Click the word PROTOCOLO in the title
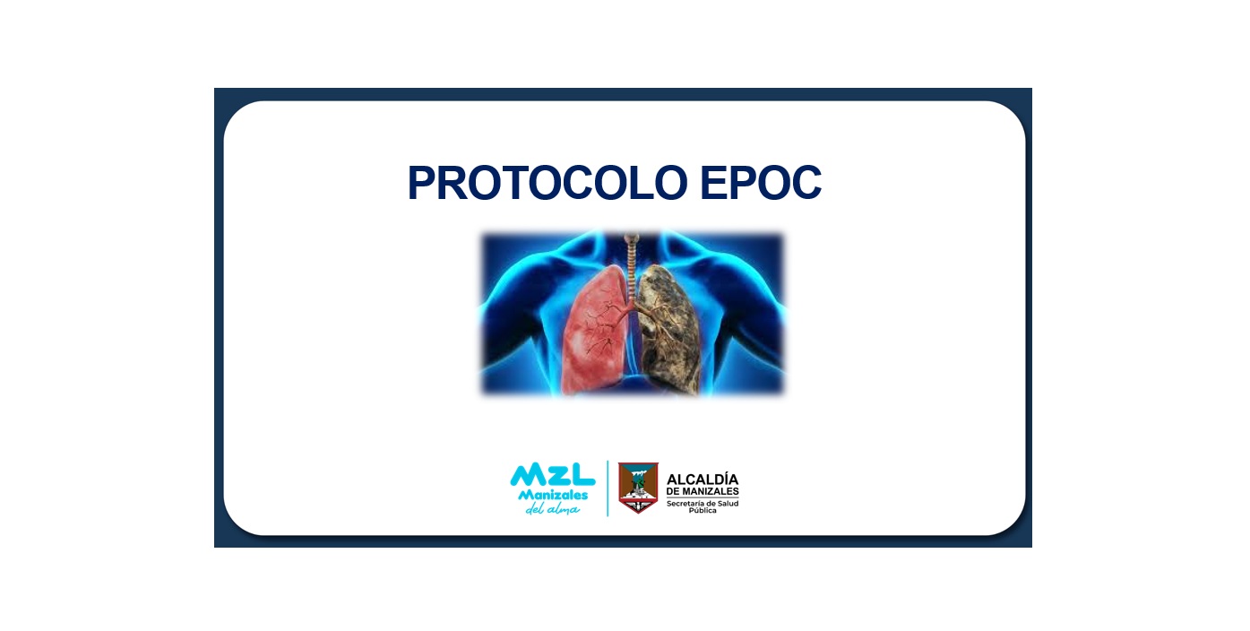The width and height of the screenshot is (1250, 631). [547, 183]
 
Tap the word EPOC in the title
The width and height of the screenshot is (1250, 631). [761, 183]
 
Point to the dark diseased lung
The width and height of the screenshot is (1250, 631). [668, 330]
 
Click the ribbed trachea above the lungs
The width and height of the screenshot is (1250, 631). [632, 267]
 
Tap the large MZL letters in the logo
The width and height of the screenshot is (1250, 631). [553, 475]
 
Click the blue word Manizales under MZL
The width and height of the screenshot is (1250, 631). [553, 496]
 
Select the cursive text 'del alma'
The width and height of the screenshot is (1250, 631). [553, 509]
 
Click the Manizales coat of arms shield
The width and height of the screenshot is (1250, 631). [638, 488]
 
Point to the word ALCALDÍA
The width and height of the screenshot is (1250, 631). [703, 480]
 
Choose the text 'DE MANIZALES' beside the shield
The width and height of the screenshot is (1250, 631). [703, 491]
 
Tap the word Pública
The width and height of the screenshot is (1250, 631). [703, 510]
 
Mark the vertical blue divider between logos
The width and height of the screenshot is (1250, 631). [608, 488]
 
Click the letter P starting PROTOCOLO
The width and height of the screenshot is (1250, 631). [422, 183]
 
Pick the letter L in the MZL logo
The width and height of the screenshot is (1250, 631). [582, 475]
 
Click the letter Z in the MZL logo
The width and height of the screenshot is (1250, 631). [552, 475]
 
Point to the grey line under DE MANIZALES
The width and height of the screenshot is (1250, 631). [703, 497]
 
